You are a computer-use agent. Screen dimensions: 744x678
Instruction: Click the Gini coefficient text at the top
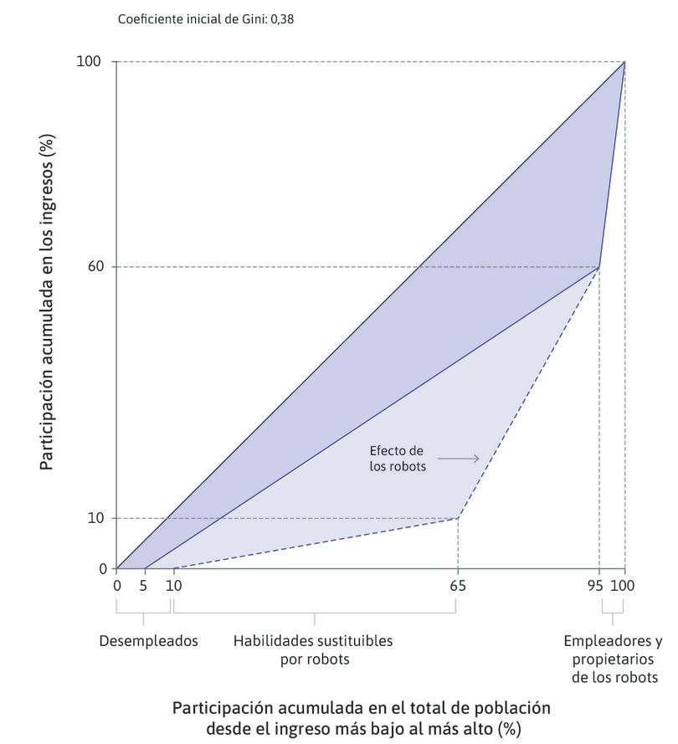tap(206, 18)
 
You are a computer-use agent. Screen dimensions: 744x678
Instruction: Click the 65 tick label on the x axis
tap(457, 586)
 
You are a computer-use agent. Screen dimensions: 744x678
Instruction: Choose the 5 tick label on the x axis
tap(143, 586)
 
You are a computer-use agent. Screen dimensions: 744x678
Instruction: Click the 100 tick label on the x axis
tap(623, 586)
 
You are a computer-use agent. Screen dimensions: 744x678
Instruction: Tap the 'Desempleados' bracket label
tap(148, 641)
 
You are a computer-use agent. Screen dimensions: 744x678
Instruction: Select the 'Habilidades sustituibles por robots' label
tap(313, 649)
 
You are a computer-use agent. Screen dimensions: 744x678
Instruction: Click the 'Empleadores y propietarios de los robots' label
tap(613, 659)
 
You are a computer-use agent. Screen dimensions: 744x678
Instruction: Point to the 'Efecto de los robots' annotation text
tap(398, 459)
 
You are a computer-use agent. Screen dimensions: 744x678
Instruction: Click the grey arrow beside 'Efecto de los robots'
tap(458, 459)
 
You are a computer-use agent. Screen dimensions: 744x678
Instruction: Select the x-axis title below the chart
tap(361, 717)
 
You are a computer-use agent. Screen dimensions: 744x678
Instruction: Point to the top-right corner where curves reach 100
tap(624, 62)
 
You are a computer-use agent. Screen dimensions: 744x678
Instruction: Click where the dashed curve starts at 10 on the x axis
tap(173, 568)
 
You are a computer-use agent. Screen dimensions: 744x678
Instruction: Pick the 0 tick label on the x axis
tap(116, 586)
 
